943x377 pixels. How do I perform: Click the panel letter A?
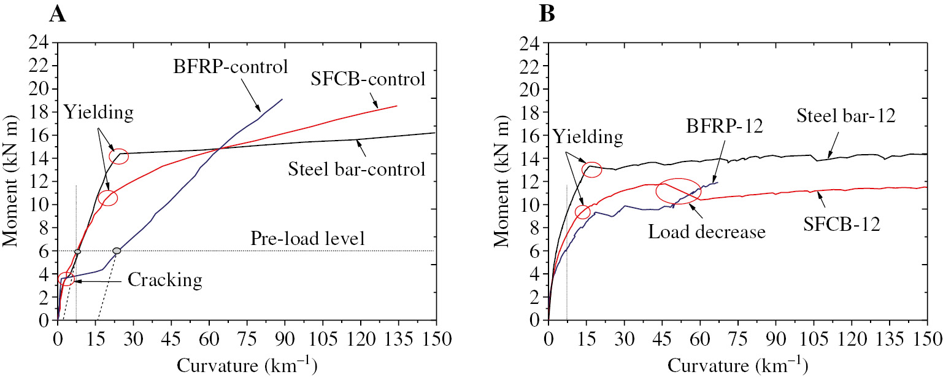click(58, 14)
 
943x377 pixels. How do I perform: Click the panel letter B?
click(546, 14)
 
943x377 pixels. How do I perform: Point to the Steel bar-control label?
click(356, 168)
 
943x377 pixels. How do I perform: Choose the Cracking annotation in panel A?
click(165, 281)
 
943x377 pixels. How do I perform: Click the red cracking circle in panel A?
click(66, 279)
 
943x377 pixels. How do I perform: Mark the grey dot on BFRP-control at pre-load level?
click(117, 251)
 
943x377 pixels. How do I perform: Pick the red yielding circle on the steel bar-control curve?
click(118, 156)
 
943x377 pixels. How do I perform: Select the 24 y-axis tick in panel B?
click(531, 43)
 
